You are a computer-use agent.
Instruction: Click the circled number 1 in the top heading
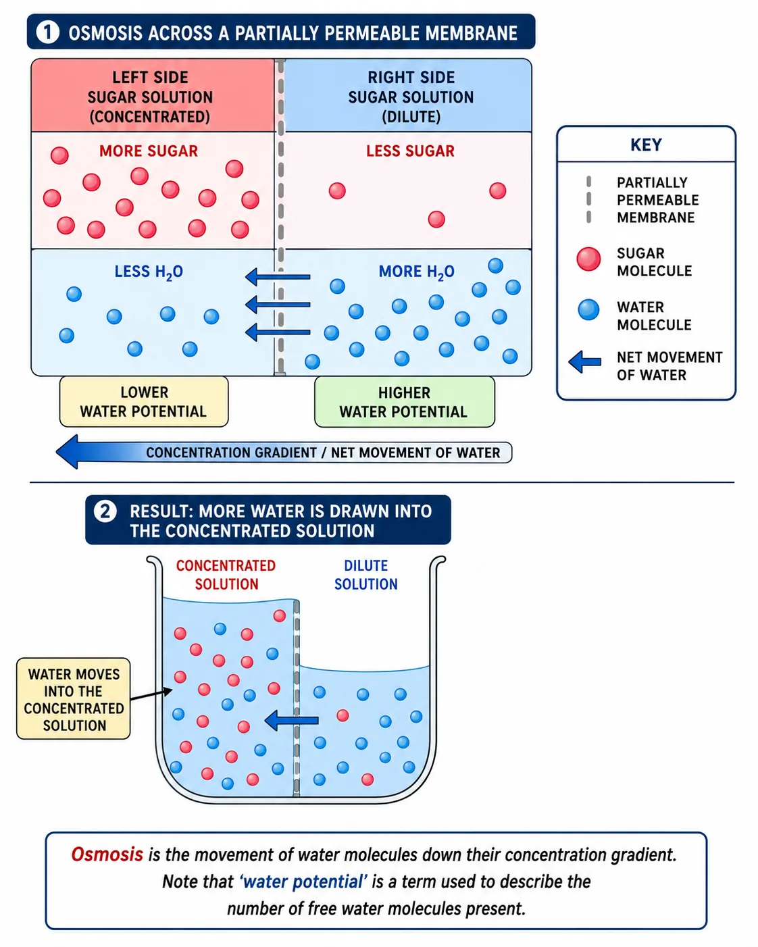(47, 32)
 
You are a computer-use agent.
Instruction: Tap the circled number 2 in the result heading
(105, 511)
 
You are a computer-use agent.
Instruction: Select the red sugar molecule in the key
(588, 259)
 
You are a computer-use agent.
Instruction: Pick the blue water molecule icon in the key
(588, 309)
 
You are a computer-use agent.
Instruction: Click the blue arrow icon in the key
(584, 362)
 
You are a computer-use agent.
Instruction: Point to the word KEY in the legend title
(646, 145)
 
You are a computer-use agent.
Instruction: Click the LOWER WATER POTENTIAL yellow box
(144, 402)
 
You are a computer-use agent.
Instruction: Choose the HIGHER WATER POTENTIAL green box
(405, 402)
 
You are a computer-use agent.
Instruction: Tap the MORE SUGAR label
(149, 151)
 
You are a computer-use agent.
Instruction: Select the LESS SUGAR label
(410, 151)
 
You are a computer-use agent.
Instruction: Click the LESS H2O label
(149, 272)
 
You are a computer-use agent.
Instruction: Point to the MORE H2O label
(416, 272)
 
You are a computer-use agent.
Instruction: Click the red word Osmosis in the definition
(107, 854)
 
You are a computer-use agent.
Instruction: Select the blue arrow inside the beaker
(291, 720)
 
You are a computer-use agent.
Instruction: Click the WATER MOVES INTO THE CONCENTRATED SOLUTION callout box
(74, 699)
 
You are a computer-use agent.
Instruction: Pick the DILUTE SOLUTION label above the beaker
(365, 575)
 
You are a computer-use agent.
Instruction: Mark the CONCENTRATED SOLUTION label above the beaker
(226, 575)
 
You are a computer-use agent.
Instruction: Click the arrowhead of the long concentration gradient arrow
(68, 452)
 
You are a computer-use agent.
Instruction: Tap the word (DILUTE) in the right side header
(411, 117)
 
